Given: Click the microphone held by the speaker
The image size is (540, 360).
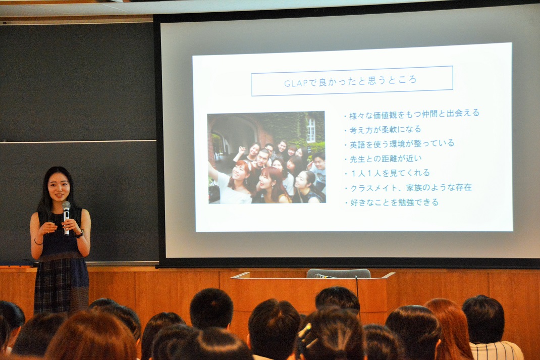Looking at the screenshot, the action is click(66, 217).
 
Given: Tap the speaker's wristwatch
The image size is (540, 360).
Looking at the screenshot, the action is click(80, 234).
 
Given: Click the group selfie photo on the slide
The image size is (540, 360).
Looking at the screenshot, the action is click(266, 158).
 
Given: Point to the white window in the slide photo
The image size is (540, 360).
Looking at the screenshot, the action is click(311, 130).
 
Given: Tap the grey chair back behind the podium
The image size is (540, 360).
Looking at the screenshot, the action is click(339, 274).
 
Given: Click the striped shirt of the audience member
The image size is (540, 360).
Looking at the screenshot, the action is click(496, 351).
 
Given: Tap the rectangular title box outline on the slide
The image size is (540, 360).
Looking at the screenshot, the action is click(352, 67).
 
